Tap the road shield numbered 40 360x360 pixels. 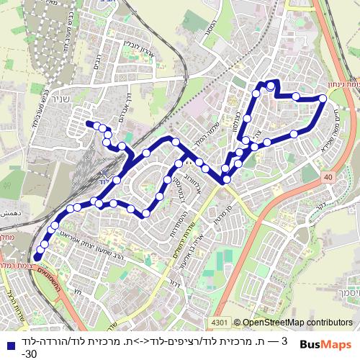click(x=328, y=176)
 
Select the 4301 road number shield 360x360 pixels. click(x=220, y=323)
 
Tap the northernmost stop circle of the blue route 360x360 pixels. click(x=271, y=85)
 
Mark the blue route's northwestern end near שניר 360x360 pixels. click(x=89, y=124)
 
